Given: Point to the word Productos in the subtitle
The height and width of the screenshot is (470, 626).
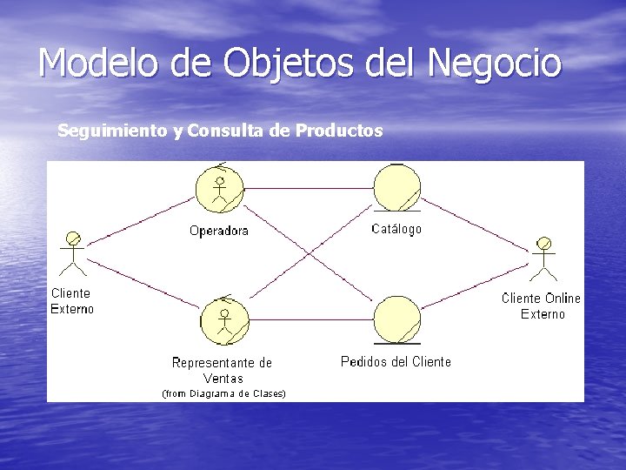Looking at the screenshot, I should pos(339,131).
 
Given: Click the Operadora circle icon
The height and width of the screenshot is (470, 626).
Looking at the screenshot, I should pos(220,189).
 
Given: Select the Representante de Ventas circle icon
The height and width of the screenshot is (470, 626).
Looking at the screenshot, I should pos(224,321).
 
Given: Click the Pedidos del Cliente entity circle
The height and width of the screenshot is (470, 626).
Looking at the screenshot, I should pos(396,319).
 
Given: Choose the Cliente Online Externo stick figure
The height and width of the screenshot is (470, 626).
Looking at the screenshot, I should pos(544,258).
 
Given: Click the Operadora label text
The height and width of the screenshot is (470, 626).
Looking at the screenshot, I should pos(219,231).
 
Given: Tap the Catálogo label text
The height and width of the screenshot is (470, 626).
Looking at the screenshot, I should pos(396,229).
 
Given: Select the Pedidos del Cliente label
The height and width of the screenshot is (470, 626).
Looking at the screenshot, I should pos(396,361).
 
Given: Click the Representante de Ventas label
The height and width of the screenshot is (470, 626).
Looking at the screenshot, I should pos(223,370).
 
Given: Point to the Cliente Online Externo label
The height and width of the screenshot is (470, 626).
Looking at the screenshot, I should pos(542,305).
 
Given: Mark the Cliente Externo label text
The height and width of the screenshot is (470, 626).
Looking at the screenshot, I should pos(71,300).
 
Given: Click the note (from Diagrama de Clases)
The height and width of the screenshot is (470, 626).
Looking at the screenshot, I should pos(224,393).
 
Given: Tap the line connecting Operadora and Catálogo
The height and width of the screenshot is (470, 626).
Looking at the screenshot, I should pos(309,189).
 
